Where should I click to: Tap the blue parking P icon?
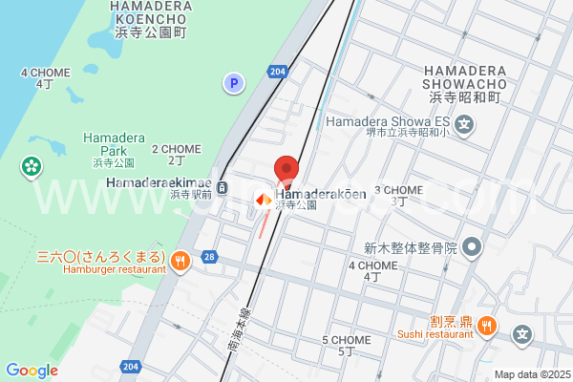point(234,84)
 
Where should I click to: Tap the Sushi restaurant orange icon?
point(487,325)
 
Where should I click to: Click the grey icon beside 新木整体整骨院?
point(471,248)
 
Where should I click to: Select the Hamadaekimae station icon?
point(223,186)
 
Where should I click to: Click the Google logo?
point(32,371)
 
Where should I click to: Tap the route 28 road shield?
point(209,257)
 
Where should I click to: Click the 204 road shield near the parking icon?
point(277,72)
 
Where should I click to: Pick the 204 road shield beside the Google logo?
point(130,366)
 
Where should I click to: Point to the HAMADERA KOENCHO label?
point(151,18)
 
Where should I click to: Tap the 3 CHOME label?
point(398,195)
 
